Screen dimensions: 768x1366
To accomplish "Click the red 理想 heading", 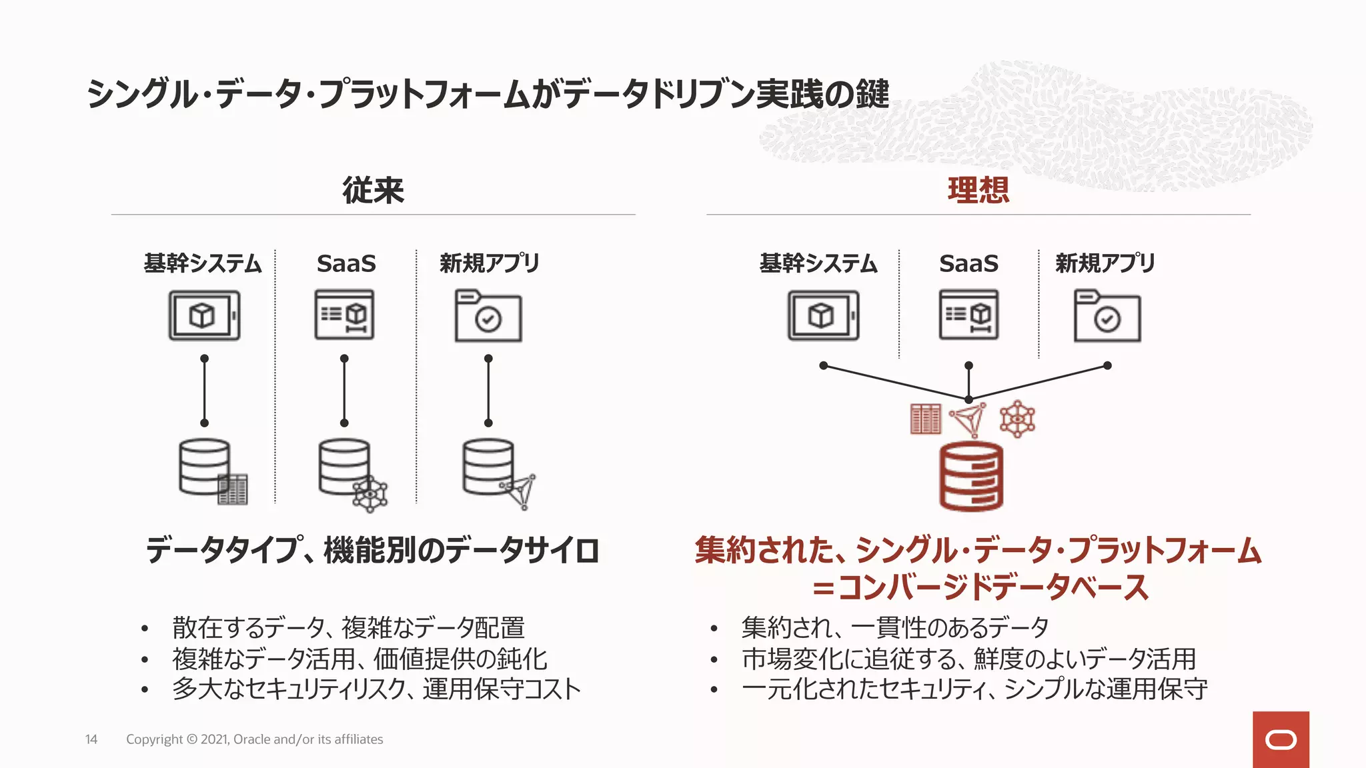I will pos(978,190).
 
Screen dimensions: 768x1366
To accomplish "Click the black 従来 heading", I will pos(373,190).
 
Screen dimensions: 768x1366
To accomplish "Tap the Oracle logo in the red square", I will pos(1281,740).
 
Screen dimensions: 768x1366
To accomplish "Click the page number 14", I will pos(91,739).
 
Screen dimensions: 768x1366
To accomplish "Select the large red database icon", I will pos(971,476).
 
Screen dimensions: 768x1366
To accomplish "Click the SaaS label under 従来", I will pos(346,263).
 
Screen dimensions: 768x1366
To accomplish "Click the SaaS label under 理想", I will pos(968,263).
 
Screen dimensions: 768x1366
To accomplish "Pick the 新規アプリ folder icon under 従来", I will pos(488,316).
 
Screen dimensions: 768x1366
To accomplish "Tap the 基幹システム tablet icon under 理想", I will pos(823,315).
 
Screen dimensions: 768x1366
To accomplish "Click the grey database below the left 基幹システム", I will pos(204,467).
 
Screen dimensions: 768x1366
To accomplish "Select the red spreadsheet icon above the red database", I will pos(925,419).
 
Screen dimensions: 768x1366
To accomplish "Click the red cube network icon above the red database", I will pos(1017,419).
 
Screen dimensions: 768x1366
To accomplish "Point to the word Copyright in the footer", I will pos(154,739).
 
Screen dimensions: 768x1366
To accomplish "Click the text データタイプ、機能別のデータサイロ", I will pos(372,551).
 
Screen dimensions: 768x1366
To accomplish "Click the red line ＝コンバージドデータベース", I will pos(979,587).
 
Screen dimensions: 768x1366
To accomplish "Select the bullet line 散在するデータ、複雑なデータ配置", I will pos(348,627).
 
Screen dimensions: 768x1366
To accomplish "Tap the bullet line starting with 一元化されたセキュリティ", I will pos(974,689).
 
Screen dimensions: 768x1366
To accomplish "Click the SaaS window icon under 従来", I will pos(345,315).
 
